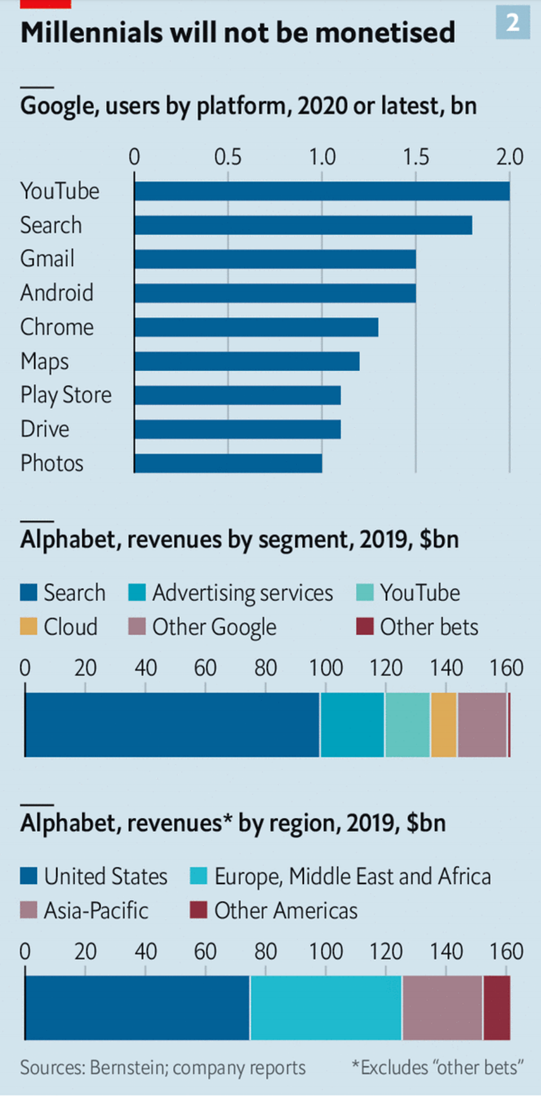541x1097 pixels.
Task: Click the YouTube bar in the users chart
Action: tap(322, 191)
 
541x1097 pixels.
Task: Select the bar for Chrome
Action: tap(256, 327)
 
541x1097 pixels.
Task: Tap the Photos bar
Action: tap(228, 464)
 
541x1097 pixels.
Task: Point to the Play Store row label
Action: tap(66, 395)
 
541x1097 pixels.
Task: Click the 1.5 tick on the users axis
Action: tap(416, 157)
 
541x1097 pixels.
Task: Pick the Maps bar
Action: tap(247, 361)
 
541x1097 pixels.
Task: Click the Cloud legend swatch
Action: tap(29, 627)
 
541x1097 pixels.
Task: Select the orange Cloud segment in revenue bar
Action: tap(444, 725)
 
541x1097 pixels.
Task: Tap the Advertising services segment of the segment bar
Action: tap(352, 725)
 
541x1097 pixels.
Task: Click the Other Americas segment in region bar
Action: tap(497, 1008)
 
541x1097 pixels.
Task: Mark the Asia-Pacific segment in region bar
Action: tap(442, 1008)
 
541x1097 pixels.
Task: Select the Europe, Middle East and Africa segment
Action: tap(326, 1008)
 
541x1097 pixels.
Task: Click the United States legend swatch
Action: tap(29, 876)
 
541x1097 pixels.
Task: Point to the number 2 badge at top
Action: tap(513, 23)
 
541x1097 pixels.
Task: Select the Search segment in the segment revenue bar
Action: tap(172, 725)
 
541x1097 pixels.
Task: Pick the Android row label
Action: tap(57, 293)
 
